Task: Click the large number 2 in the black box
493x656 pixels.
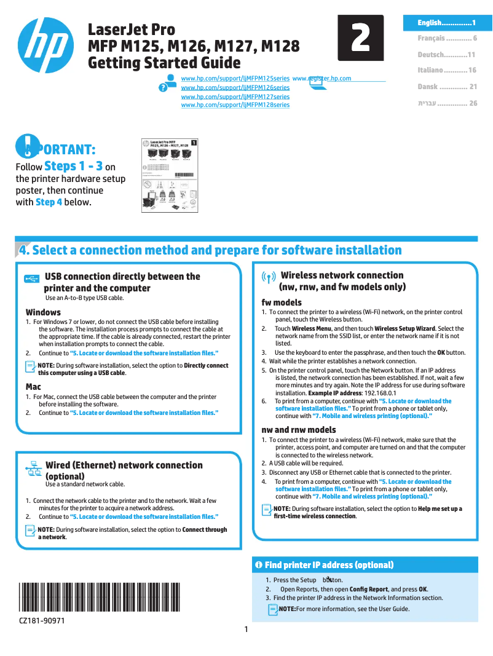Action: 360,38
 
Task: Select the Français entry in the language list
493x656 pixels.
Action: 447,38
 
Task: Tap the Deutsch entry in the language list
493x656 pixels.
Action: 447,55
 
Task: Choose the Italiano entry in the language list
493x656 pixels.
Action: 447,71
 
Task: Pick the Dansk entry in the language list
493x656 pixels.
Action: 447,87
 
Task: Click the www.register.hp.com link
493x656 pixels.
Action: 321,79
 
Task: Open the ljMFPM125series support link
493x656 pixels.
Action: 235,79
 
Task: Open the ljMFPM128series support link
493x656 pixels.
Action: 235,105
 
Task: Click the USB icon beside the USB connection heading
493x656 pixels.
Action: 32,279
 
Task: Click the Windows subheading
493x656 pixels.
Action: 43,312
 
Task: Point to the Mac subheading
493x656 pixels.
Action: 33,387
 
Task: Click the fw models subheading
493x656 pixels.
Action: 282,302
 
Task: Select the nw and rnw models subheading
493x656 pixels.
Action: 299,430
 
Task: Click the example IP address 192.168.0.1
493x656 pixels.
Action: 379,392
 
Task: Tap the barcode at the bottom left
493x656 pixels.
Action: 101,597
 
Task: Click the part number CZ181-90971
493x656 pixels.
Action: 42,621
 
